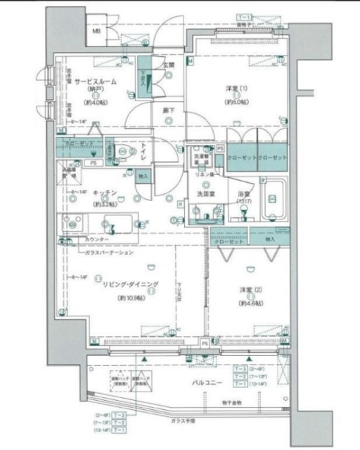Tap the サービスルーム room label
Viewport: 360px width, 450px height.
tap(96, 82)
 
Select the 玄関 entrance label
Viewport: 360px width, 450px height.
tap(169, 65)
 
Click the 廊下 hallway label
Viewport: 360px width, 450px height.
tap(169, 110)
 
